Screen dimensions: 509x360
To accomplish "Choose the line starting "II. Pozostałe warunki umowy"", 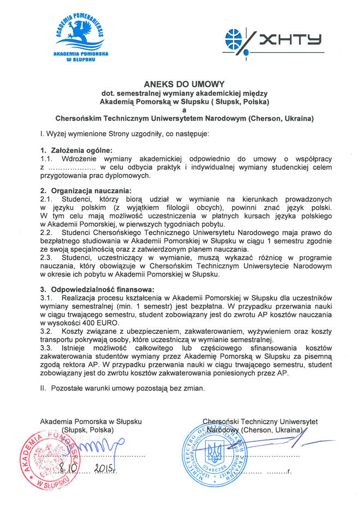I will [x=123, y=388].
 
